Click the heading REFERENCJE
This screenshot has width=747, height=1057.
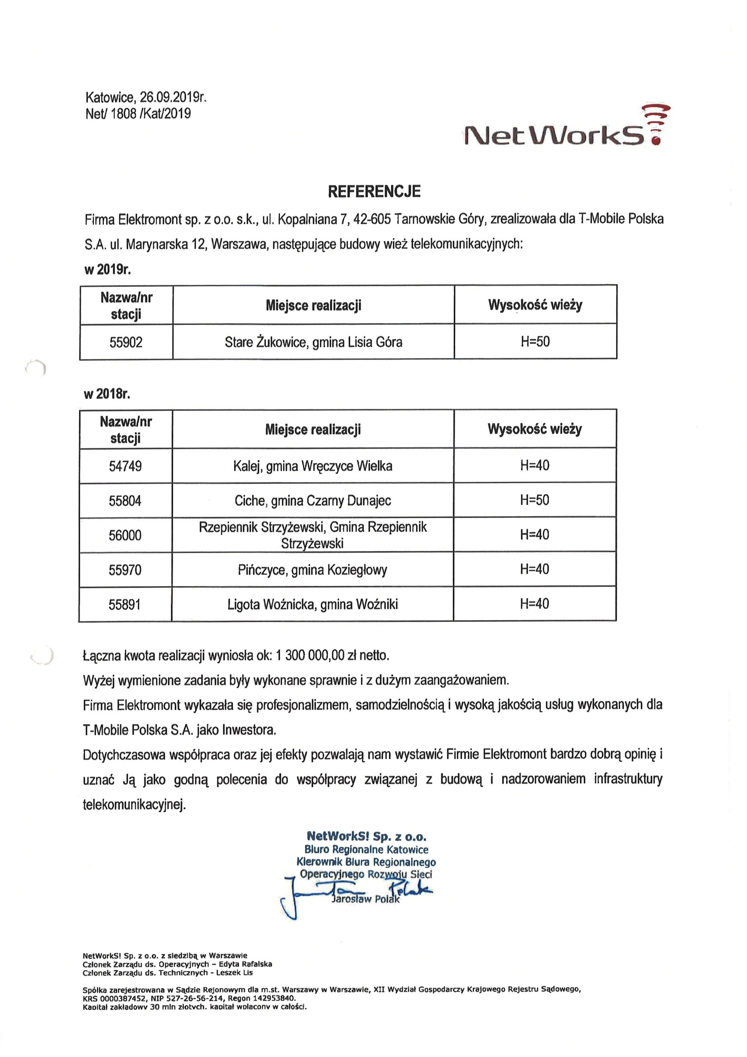tap(374, 192)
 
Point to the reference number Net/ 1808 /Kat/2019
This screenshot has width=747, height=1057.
tap(138, 114)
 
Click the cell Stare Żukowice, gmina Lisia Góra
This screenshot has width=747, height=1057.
tap(313, 342)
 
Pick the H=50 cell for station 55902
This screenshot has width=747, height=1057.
tap(535, 341)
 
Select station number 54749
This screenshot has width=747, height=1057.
tap(125, 466)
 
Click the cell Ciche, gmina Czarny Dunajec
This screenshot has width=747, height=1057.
tap(312, 500)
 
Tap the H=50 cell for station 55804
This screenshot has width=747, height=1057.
tap(534, 500)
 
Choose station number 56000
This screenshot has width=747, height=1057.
tap(125, 535)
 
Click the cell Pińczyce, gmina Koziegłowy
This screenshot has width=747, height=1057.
tap(312, 570)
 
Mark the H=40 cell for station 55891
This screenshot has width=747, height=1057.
tap(534, 604)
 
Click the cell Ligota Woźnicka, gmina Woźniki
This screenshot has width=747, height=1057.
tap(312, 604)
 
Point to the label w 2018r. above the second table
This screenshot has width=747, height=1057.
tap(107, 393)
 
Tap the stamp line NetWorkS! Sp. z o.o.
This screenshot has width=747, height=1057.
tap(366, 836)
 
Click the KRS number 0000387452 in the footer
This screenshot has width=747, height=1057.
tap(121, 998)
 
